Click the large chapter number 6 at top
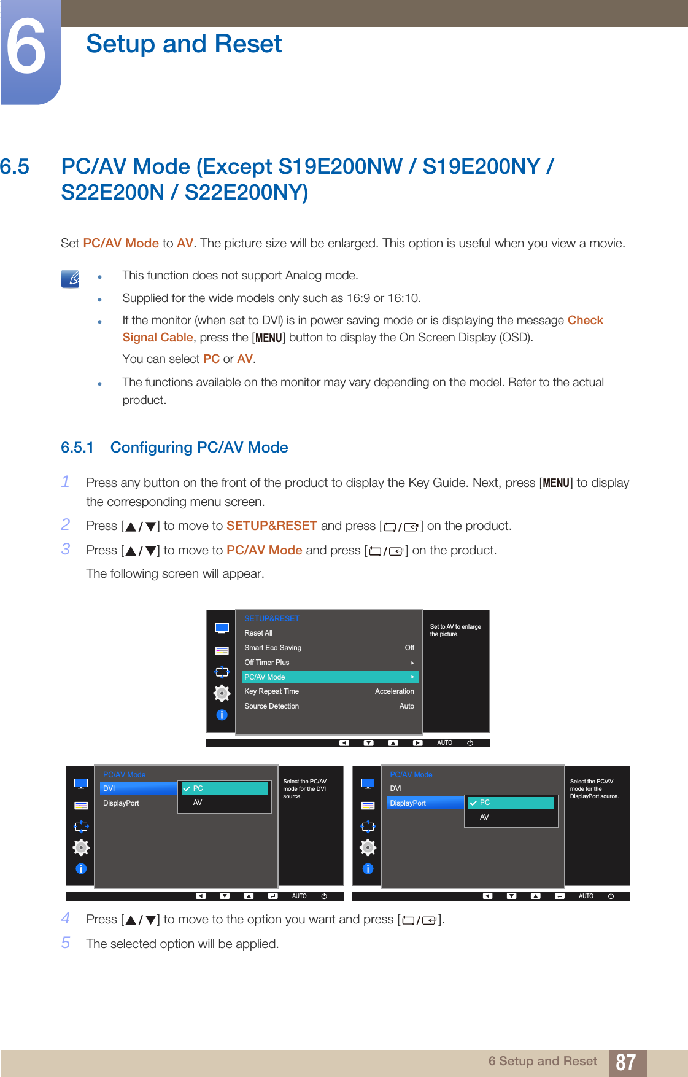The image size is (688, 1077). coord(26,47)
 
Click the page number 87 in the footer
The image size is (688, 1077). coord(625,1062)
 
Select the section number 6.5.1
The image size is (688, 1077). coord(77,448)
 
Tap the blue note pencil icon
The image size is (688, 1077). coord(71,279)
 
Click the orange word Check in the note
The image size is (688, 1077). coord(585,321)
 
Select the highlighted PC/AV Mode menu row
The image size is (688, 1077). coord(330,677)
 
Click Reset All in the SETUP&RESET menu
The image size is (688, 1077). coord(258,633)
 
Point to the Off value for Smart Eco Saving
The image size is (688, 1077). coord(409,648)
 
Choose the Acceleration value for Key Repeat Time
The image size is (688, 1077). coord(394,691)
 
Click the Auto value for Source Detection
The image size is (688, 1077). coord(406,706)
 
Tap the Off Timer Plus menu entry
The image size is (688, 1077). coord(267,663)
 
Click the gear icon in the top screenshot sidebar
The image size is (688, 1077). coord(222,693)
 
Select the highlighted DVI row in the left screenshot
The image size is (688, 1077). coord(138,788)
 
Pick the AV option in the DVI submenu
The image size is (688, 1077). coord(198,803)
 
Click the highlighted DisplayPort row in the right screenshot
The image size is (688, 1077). coord(425,803)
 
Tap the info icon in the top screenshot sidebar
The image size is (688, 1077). coord(222,715)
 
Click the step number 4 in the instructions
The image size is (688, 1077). coord(66,919)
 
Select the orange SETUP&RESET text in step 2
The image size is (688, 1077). coord(271,526)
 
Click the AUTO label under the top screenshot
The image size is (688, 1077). coord(444,743)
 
